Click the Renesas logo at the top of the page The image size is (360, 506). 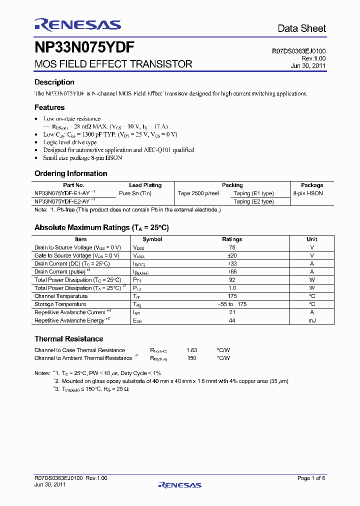click(77, 25)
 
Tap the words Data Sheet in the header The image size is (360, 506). click(301, 28)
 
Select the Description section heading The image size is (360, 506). click(54, 82)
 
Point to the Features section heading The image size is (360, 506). click(49, 107)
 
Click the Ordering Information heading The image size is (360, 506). click(70, 173)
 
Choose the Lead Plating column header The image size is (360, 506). click(145, 185)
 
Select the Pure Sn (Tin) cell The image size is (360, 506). click(135, 193)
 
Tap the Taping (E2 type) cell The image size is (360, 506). click(253, 201)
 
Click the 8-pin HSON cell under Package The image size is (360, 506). click(308, 193)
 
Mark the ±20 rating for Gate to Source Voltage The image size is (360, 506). click(232, 255)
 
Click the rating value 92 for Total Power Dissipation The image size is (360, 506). click(232, 280)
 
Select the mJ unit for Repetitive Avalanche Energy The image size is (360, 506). click(312, 320)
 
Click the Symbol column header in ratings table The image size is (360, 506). click(152, 239)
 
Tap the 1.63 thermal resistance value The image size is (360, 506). click(191, 350)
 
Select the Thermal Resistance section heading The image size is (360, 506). click(68, 338)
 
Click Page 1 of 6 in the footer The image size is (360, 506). click(311, 478)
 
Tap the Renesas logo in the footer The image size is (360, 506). click(179, 484)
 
